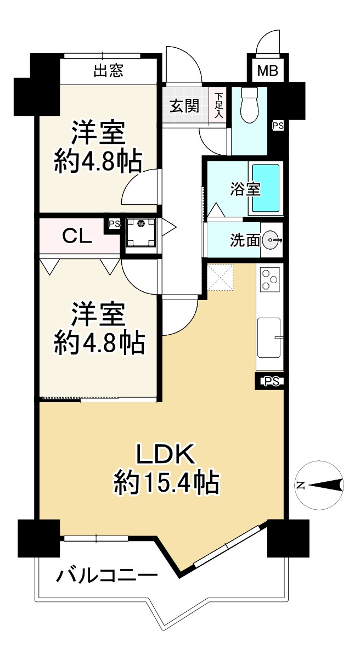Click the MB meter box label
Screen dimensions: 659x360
click(268, 71)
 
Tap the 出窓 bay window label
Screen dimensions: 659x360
click(108, 70)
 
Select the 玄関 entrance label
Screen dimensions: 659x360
click(184, 105)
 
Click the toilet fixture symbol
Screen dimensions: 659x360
click(250, 104)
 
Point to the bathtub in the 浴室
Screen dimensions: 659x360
click(266, 189)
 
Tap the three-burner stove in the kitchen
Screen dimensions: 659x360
click(269, 279)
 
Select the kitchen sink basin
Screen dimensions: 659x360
click(269, 336)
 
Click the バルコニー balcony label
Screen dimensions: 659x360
click(107, 576)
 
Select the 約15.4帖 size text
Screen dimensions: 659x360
click(166, 483)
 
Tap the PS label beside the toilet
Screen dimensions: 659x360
click(278, 126)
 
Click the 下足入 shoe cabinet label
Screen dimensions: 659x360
click(218, 105)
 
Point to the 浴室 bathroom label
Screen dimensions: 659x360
click(245, 189)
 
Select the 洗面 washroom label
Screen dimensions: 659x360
click(245, 240)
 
